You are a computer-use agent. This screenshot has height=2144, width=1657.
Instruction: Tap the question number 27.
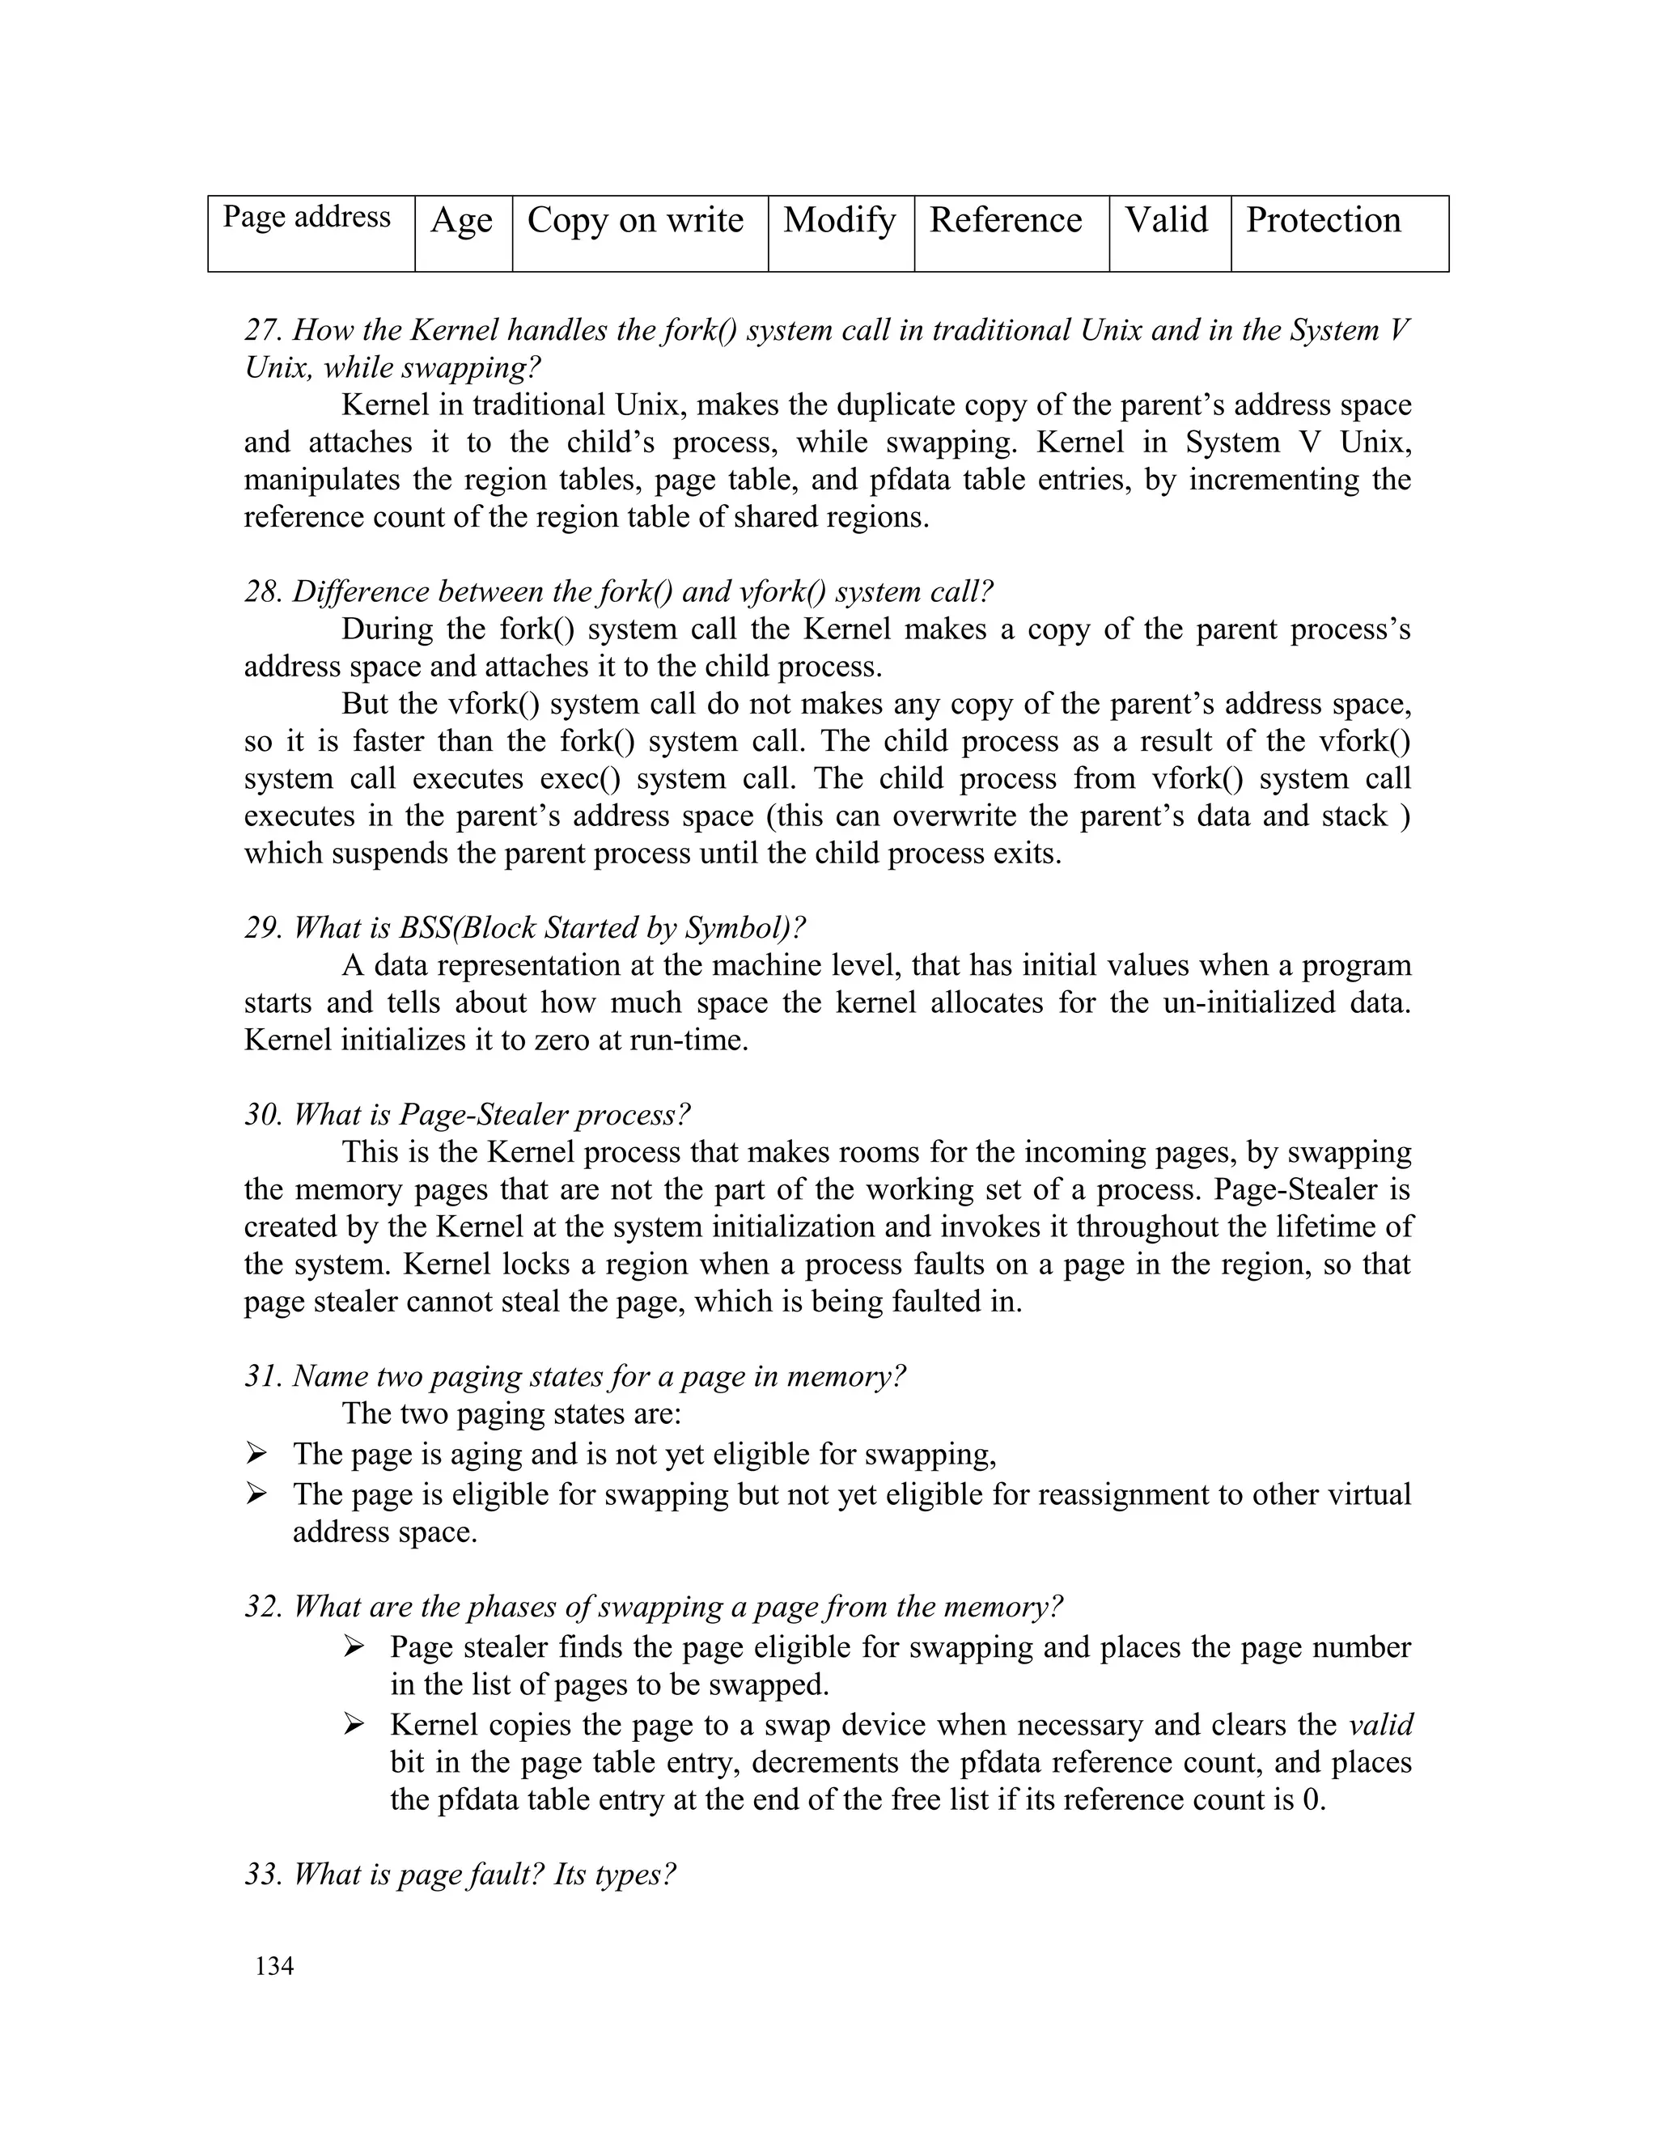(261, 331)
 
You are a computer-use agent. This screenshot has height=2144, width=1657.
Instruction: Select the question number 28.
(261, 592)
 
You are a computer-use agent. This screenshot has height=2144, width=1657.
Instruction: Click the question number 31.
(261, 1376)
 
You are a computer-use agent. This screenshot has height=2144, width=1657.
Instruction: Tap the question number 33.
(261, 1874)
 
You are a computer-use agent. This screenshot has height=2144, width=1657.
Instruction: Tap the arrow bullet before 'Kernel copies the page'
(354, 1724)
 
